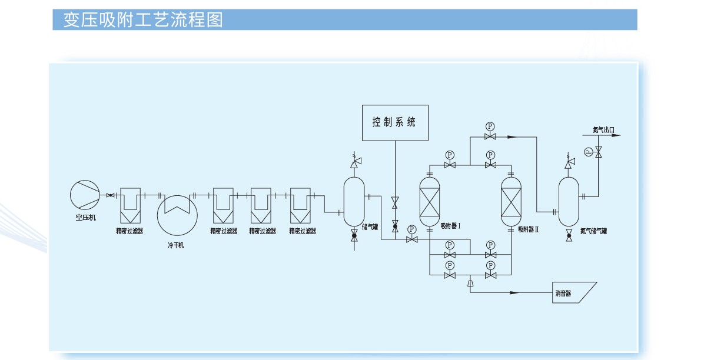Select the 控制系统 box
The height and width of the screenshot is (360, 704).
pyautogui.click(x=394, y=123)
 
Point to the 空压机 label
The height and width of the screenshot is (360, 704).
pyautogui.click(x=85, y=218)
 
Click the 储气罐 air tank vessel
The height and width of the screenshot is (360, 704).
pyautogui.click(x=354, y=201)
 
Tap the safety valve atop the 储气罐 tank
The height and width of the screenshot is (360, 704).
pyautogui.click(x=355, y=160)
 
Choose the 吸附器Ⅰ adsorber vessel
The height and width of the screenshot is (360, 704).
pyautogui.click(x=430, y=201)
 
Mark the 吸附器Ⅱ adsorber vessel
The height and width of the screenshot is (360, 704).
pyautogui.click(x=510, y=201)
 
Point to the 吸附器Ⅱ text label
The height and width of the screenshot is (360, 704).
pyautogui.click(x=528, y=229)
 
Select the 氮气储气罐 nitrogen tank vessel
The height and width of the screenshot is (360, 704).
pyautogui.click(x=569, y=201)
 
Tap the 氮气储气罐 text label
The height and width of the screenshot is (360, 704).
pyautogui.click(x=593, y=231)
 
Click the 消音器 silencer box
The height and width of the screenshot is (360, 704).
pyautogui.click(x=575, y=292)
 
